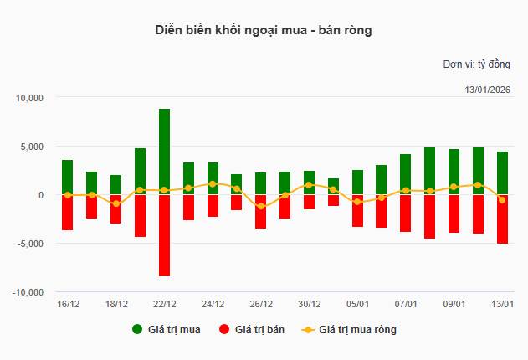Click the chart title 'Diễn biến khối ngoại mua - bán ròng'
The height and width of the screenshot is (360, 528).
(264, 31)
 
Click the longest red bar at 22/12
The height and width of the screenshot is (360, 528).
(164, 235)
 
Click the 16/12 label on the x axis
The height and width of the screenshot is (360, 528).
(68, 304)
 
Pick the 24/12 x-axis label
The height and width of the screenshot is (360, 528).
(213, 304)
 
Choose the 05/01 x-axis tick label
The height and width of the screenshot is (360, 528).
(358, 304)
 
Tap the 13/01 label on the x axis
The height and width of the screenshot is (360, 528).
(503, 304)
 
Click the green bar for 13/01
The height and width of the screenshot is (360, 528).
(502, 173)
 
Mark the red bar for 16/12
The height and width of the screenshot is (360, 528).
(68, 213)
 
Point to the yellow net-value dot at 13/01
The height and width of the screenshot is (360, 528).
(502, 200)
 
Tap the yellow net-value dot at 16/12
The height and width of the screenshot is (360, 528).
(68, 195)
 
